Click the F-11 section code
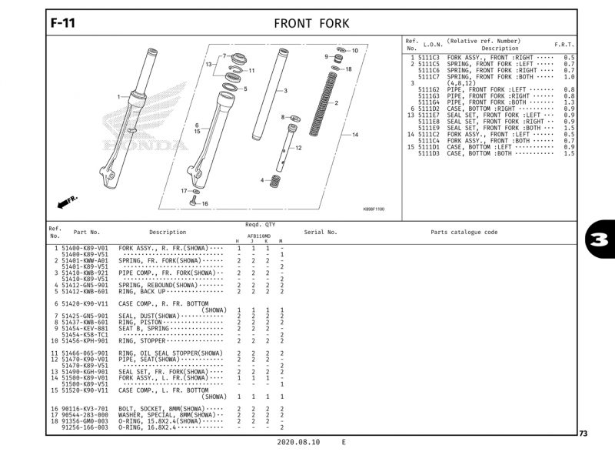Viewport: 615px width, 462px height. (x=62, y=23)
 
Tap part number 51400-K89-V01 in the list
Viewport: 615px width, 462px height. (x=85, y=248)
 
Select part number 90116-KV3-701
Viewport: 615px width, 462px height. (x=85, y=409)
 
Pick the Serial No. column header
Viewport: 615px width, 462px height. (x=321, y=232)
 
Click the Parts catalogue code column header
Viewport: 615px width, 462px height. (x=464, y=232)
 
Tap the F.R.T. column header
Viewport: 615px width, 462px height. (x=564, y=45)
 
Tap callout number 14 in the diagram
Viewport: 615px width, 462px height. (x=355, y=135)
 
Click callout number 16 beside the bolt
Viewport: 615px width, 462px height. (x=204, y=204)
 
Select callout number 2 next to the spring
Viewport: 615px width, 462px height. (x=337, y=102)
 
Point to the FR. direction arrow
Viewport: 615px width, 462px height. (x=68, y=201)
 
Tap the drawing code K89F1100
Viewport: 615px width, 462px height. (x=374, y=209)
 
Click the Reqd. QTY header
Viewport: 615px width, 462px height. (x=260, y=224)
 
